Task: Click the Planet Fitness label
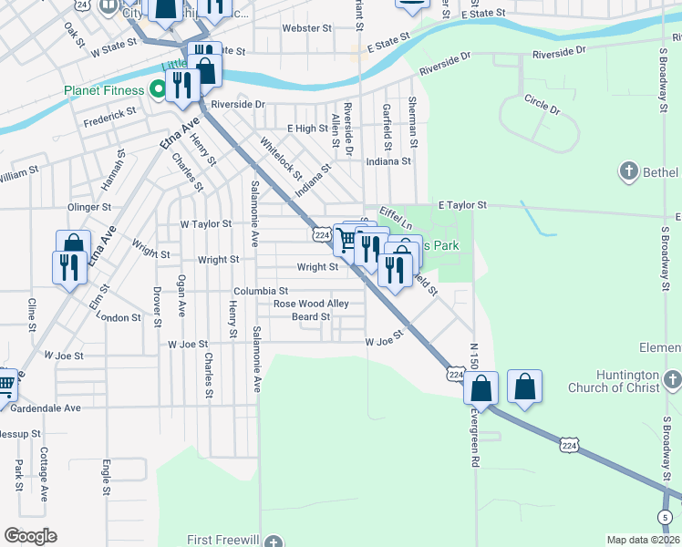[x=103, y=90]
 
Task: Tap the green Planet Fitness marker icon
[x=158, y=90]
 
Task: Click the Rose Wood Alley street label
[x=312, y=304]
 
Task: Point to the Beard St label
[x=310, y=317]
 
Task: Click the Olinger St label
[x=88, y=207]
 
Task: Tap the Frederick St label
[x=109, y=116]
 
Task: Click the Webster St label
[x=306, y=28]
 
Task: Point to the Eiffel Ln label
[x=396, y=218]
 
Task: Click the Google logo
[x=30, y=536]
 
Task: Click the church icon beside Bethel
[x=627, y=170]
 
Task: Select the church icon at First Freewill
[x=274, y=541]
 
